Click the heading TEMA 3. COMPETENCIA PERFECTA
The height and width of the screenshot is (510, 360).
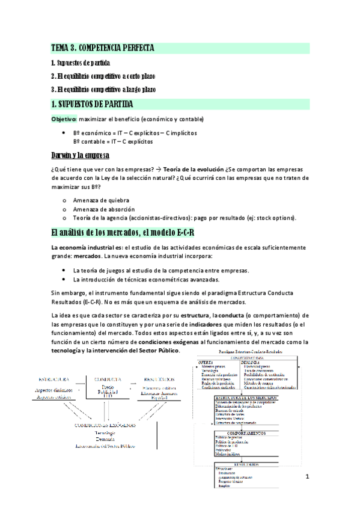pyautogui.click(x=103, y=48)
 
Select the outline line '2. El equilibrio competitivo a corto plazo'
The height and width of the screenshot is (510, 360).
pyautogui.click(x=106, y=76)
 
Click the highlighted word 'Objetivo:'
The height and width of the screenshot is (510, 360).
pyautogui.click(x=64, y=118)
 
